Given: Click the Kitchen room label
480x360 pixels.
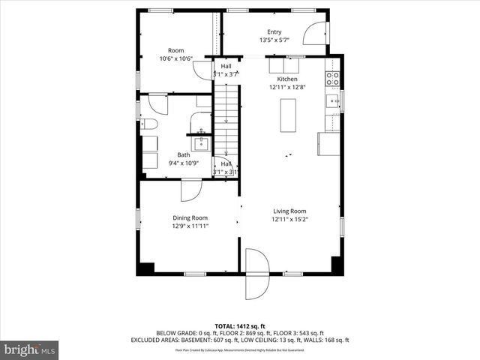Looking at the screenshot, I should (287, 79).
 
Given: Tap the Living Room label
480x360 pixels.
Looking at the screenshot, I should (289, 211).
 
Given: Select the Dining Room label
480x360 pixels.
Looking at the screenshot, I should (190, 217).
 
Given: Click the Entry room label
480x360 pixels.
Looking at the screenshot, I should (274, 31).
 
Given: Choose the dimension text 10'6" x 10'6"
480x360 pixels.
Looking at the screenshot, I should (176, 58).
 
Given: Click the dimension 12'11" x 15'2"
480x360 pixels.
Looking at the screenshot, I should (289, 220).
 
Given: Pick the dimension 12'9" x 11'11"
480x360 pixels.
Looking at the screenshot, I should (190, 226).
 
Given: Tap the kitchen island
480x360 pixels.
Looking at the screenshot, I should (286, 115).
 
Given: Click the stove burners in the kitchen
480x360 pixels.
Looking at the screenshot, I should (332, 76).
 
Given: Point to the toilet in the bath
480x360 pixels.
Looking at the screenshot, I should (148, 124).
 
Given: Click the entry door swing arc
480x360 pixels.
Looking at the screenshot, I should (316, 34).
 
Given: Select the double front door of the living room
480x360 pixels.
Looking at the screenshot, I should (257, 274).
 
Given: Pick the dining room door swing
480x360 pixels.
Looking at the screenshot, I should (190, 189).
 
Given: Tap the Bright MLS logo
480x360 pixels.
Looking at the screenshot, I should (29, 349).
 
